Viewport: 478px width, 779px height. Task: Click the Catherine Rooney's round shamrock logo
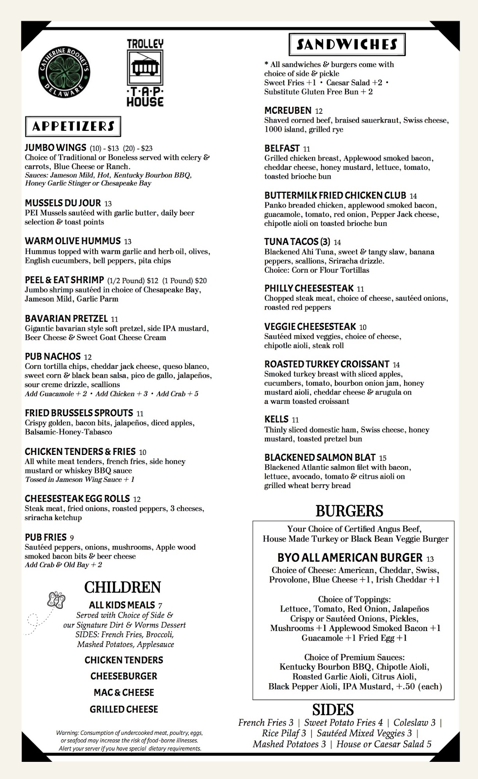[x=64, y=72]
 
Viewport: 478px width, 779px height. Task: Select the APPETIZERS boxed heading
[x=73, y=126]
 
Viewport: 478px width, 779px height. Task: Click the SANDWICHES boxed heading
[x=347, y=44]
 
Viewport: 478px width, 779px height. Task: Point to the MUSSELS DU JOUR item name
[x=63, y=203]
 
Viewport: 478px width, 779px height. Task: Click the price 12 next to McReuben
[x=319, y=111]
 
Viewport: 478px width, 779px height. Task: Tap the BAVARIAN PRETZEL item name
[x=66, y=319]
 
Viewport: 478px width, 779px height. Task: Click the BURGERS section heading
[x=349, y=511]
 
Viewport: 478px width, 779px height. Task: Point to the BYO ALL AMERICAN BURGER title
[x=350, y=557]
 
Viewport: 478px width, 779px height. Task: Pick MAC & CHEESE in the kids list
[x=124, y=693]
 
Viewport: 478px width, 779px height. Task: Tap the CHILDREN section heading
[x=122, y=587]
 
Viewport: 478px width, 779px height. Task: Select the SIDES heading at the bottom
[x=333, y=709]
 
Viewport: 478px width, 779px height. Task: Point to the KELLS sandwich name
[x=276, y=419]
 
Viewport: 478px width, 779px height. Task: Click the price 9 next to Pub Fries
[x=72, y=538]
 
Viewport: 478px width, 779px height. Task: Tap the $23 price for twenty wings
[x=147, y=148]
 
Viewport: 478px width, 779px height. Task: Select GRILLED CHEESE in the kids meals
[x=124, y=709]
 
